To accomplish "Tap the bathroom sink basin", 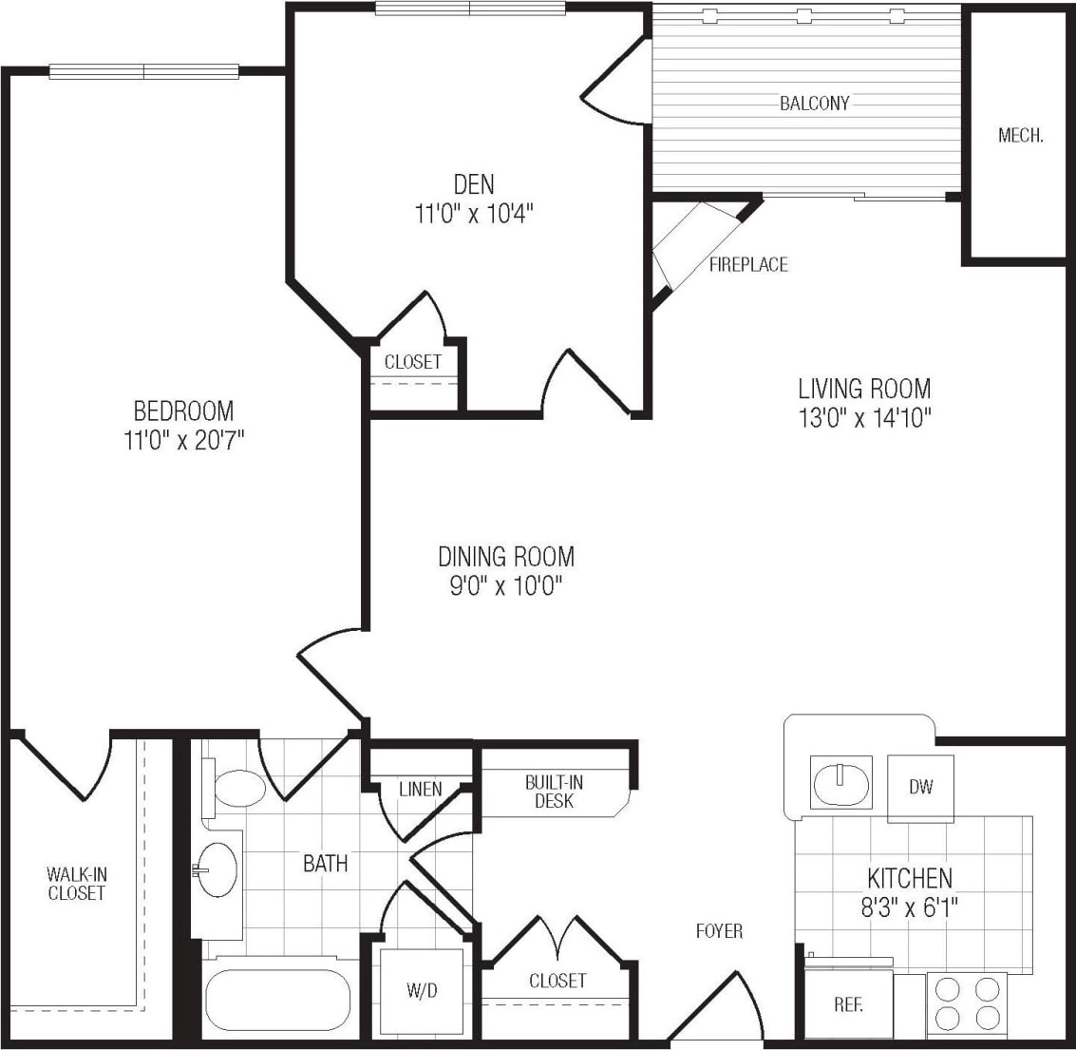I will pos(217,869).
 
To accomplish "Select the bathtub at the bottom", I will pos(277,1002).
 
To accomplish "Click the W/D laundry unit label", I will pos(422,991).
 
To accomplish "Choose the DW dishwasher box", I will pos(920,788).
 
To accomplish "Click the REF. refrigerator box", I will pos(848,1005).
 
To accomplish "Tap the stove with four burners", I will pos(966,1005).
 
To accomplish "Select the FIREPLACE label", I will pos(748,265).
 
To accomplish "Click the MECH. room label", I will pos(1020,136).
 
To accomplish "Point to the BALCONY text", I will pos(814,104).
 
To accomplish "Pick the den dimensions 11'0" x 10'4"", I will pos(473,214).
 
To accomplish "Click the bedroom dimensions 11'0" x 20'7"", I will pos(183,443).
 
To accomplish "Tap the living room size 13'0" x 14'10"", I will pos(863,418).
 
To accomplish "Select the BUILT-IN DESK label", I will pos(554,792).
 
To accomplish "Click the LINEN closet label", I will pos(420,789).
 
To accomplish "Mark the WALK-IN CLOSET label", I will pos(76,883).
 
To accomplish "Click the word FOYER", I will pos(718,931).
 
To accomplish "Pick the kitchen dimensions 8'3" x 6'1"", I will pos(909,907).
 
